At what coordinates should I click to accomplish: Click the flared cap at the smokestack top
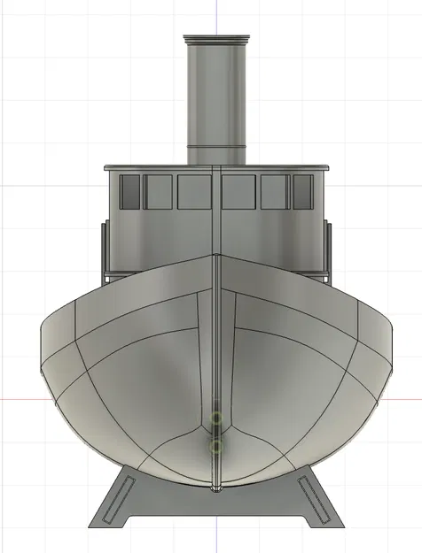(215, 40)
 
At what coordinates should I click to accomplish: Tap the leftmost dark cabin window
(130, 191)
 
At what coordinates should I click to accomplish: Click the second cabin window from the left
(158, 191)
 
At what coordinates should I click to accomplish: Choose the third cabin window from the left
(194, 191)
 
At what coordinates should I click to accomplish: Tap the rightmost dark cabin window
(302, 191)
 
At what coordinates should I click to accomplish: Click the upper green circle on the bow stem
(215, 418)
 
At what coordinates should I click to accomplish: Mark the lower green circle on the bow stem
(215, 447)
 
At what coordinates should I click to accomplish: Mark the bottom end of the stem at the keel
(215, 488)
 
